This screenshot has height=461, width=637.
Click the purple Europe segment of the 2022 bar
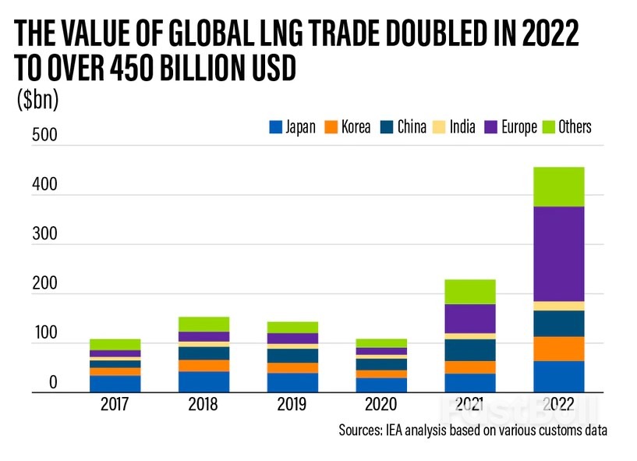(x=557, y=253)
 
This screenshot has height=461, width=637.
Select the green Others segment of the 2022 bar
(x=557, y=186)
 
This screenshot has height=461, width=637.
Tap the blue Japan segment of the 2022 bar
(x=557, y=376)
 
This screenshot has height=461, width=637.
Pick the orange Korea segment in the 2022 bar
(x=557, y=349)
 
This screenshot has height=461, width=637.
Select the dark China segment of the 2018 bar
(x=203, y=353)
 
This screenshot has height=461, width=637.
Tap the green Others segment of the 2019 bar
(x=292, y=327)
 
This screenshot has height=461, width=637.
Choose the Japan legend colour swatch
(x=274, y=127)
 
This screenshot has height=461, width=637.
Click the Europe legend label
(x=518, y=127)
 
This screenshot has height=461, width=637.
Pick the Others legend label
(x=575, y=127)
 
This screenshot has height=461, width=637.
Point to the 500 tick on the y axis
(x=44, y=135)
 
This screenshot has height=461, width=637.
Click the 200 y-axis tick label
(x=44, y=284)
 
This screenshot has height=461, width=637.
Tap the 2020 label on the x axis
(x=381, y=406)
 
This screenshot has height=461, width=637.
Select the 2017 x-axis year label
(x=115, y=406)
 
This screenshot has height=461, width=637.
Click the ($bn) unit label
(x=37, y=101)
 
